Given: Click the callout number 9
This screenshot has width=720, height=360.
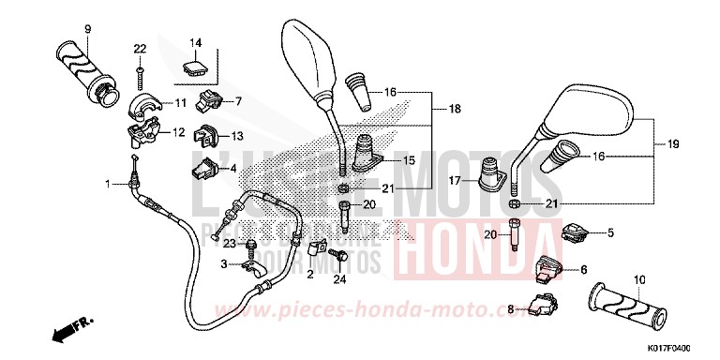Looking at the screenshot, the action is point(87,28).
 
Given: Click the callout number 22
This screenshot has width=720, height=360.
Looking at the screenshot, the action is point(140,49).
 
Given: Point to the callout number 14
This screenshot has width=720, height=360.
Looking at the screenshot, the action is point(197,43).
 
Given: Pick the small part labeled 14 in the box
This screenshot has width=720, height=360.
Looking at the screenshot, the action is point(195,67).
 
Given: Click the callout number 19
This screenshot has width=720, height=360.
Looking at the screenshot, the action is point(672,144).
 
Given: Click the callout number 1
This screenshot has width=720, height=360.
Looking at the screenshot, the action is point(109,182).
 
